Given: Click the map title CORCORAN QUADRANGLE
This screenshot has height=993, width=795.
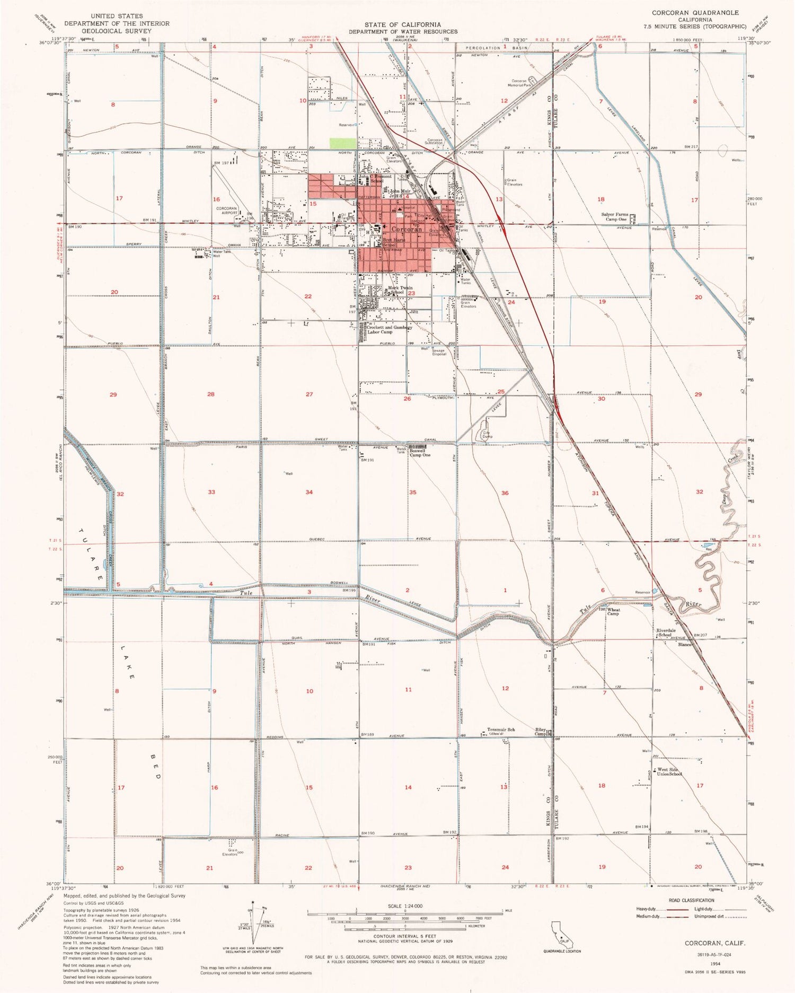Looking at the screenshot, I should (695, 13).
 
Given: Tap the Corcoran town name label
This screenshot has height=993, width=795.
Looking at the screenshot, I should (407, 229).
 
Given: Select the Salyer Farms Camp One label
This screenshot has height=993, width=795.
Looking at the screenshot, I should (615, 217).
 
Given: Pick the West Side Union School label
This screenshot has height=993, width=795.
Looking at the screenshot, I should (669, 772).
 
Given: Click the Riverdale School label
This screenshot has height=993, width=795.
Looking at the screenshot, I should (666, 632).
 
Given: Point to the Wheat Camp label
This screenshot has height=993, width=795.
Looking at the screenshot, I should (613, 612).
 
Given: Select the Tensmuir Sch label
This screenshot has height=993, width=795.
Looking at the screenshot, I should (500, 730).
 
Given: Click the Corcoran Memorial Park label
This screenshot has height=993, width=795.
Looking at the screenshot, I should (519, 83).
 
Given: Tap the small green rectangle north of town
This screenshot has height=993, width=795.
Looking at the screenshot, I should (343, 143).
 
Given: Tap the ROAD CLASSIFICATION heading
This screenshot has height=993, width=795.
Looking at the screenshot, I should (691, 900).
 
